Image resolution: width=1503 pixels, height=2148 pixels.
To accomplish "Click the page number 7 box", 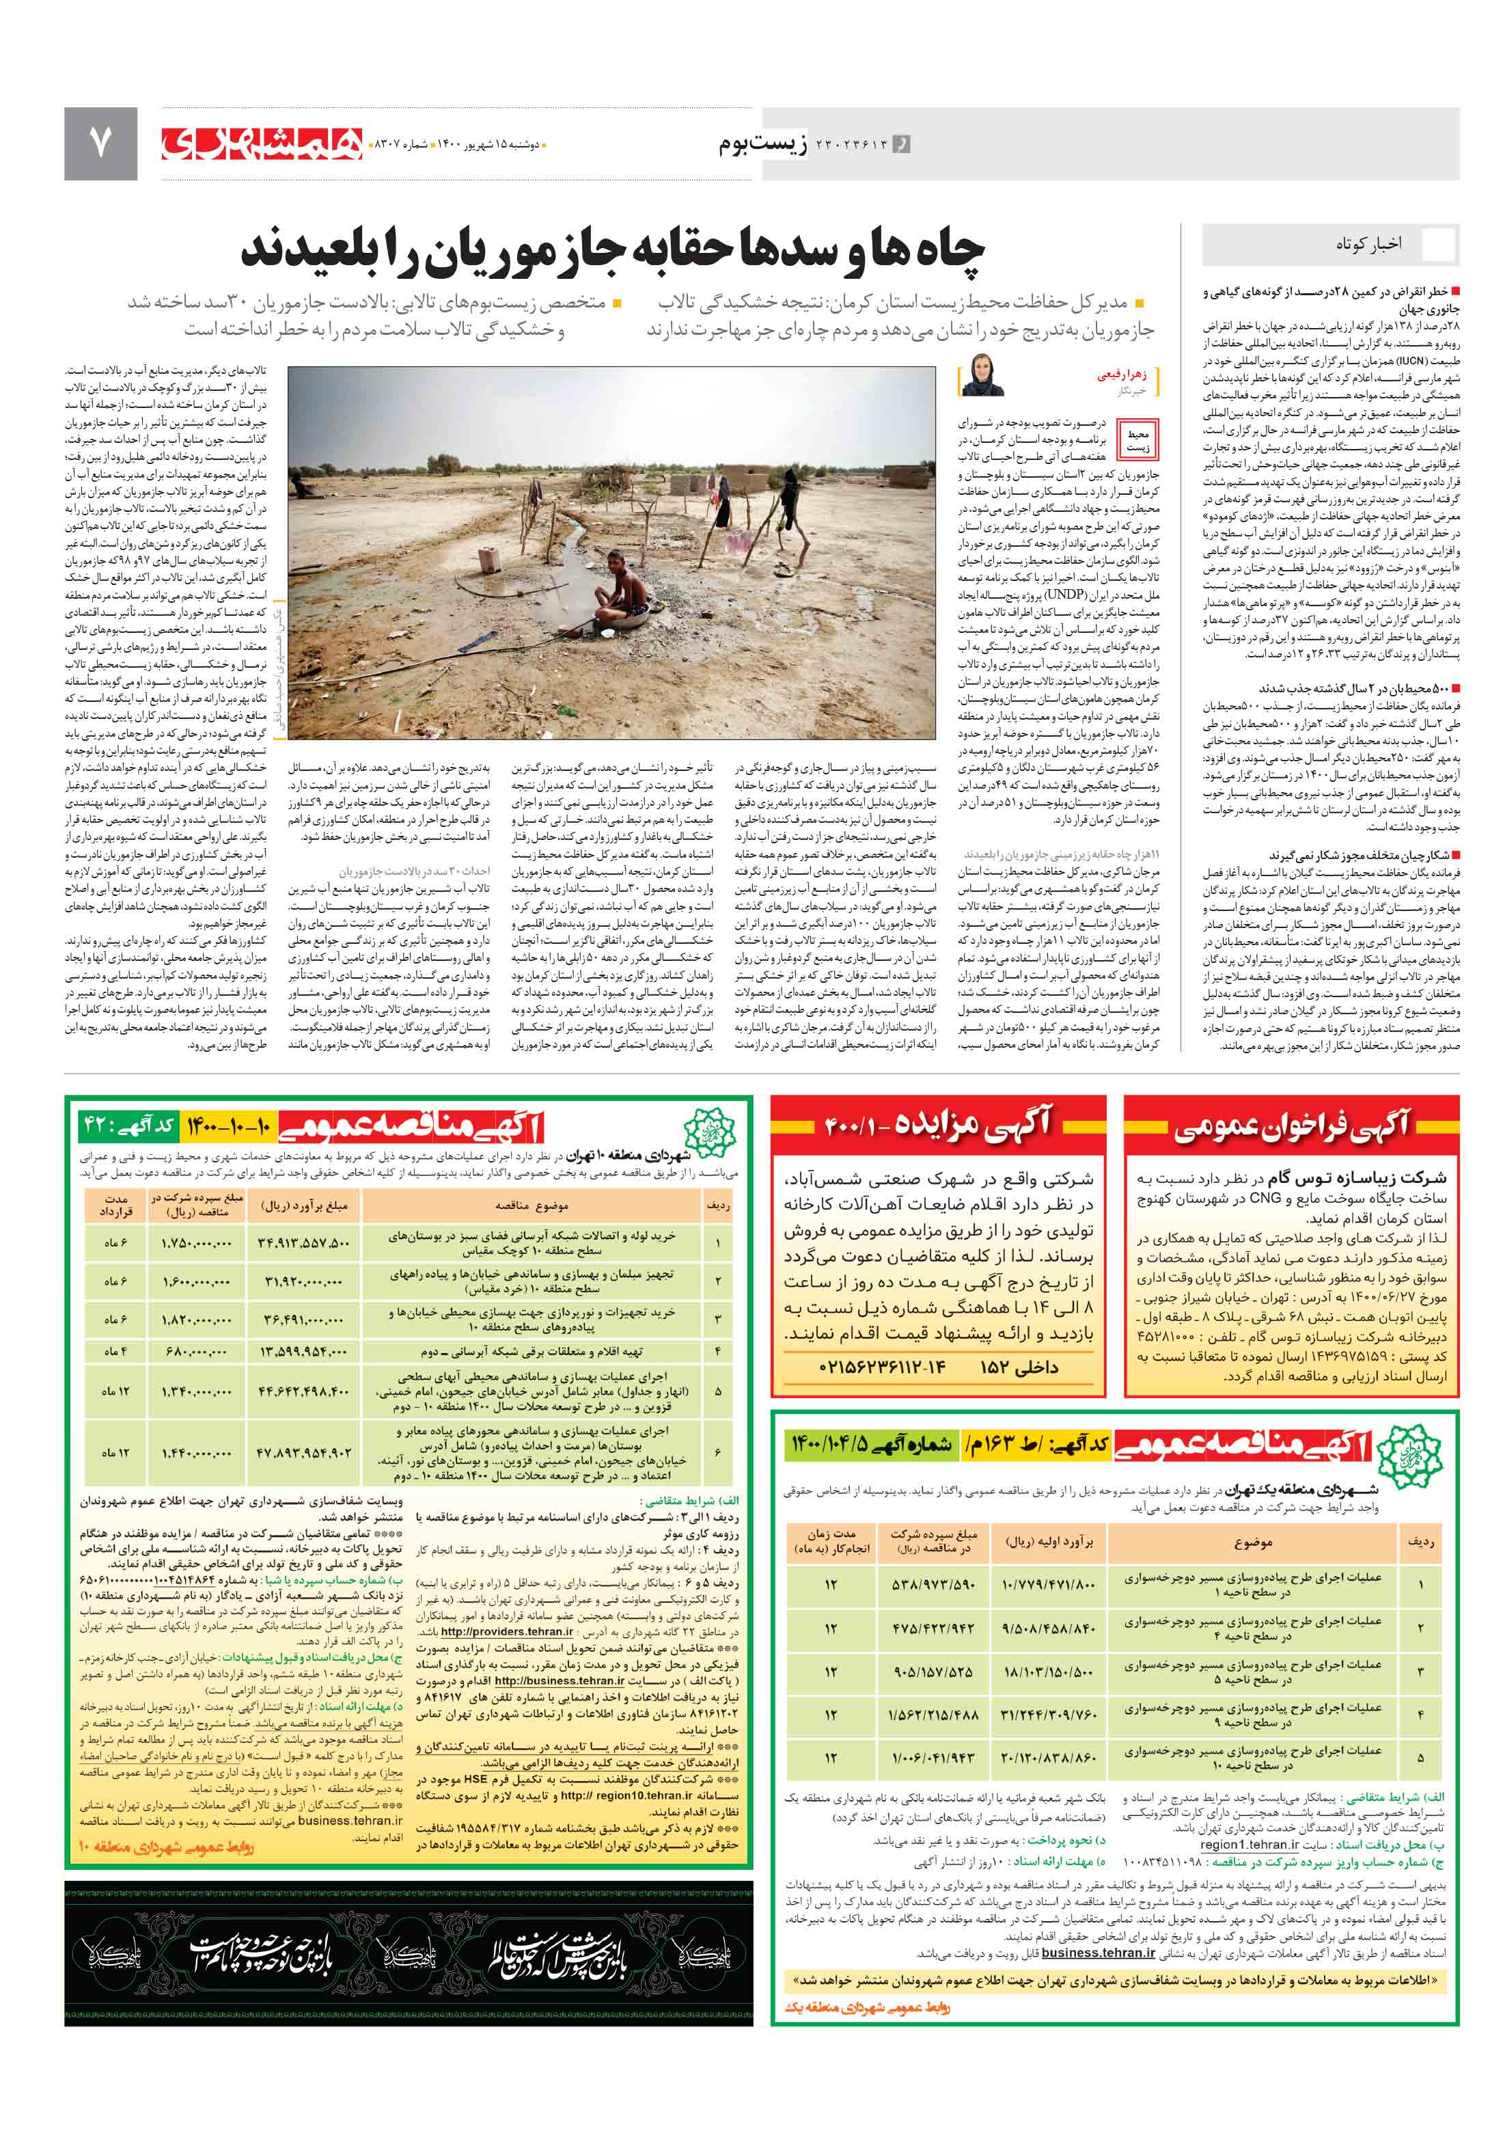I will [x=100, y=143].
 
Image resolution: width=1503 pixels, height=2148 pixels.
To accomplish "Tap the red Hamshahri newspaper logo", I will [x=261, y=143].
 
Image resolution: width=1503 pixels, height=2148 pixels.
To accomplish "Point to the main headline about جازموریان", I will [x=613, y=249].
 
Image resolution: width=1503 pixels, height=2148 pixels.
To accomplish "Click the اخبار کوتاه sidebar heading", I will [x=1367, y=244].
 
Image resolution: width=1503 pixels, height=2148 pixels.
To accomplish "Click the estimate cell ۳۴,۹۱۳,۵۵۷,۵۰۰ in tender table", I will [x=303, y=1242].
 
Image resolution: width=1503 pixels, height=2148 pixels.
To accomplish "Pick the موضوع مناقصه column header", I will [x=532, y=1206].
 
